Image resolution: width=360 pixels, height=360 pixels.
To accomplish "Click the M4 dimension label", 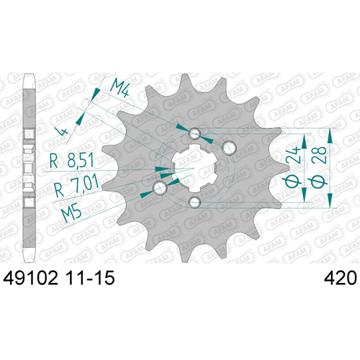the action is pos(120,86).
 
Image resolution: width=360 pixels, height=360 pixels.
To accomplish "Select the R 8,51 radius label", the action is pos(71,161).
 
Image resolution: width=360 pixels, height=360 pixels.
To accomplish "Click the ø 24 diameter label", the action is pos(292,167).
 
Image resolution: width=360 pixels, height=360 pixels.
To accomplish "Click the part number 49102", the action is pos(30,278).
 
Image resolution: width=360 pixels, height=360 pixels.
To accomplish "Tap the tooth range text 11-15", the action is pos(90,278).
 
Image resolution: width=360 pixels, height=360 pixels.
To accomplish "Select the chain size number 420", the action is pos(341,278).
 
